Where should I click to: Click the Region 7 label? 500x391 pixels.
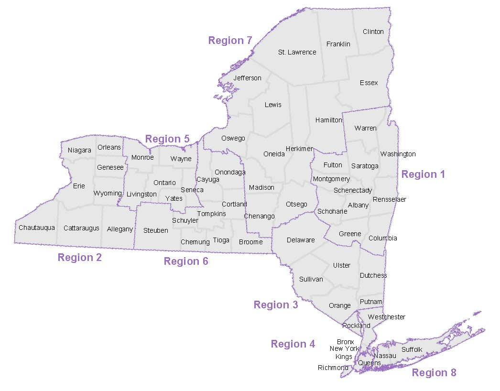point(230,41)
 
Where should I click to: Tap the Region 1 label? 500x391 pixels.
point(423,174)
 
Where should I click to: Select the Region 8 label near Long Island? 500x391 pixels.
point(434,373)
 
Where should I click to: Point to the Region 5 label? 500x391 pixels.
point(167,139)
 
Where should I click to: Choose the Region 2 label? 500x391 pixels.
point(80,258)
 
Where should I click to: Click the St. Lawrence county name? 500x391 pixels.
point(297,52)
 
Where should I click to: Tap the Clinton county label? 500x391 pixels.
point(373,32)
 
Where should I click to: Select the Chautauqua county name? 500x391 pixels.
point(37,228)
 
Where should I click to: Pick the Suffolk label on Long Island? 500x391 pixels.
point(412,349)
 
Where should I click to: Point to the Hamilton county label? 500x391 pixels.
point(329,120)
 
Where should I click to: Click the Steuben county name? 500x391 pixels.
point(156,230)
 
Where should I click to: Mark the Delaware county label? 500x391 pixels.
point(301,240)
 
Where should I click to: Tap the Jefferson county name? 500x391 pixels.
point(248,78)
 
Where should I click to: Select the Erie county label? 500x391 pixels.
point(79,186)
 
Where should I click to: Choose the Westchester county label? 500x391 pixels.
point(387,317)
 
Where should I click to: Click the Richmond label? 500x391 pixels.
point(333,368)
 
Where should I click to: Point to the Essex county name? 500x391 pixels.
point(369,83)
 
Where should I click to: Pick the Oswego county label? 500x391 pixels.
point(233,138)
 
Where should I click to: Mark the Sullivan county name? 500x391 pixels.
point(311,279)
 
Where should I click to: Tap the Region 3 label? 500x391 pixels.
point(276,305)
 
